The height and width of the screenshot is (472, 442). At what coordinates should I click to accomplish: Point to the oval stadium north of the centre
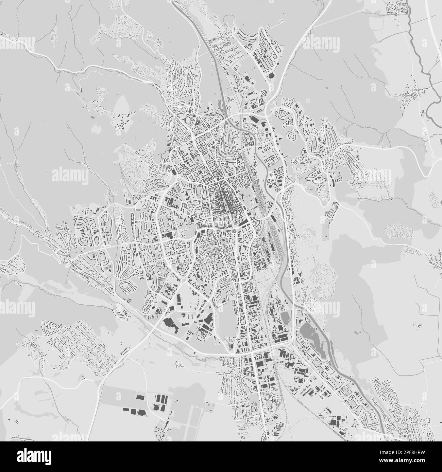pyautogui.click(x=188, y=120)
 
